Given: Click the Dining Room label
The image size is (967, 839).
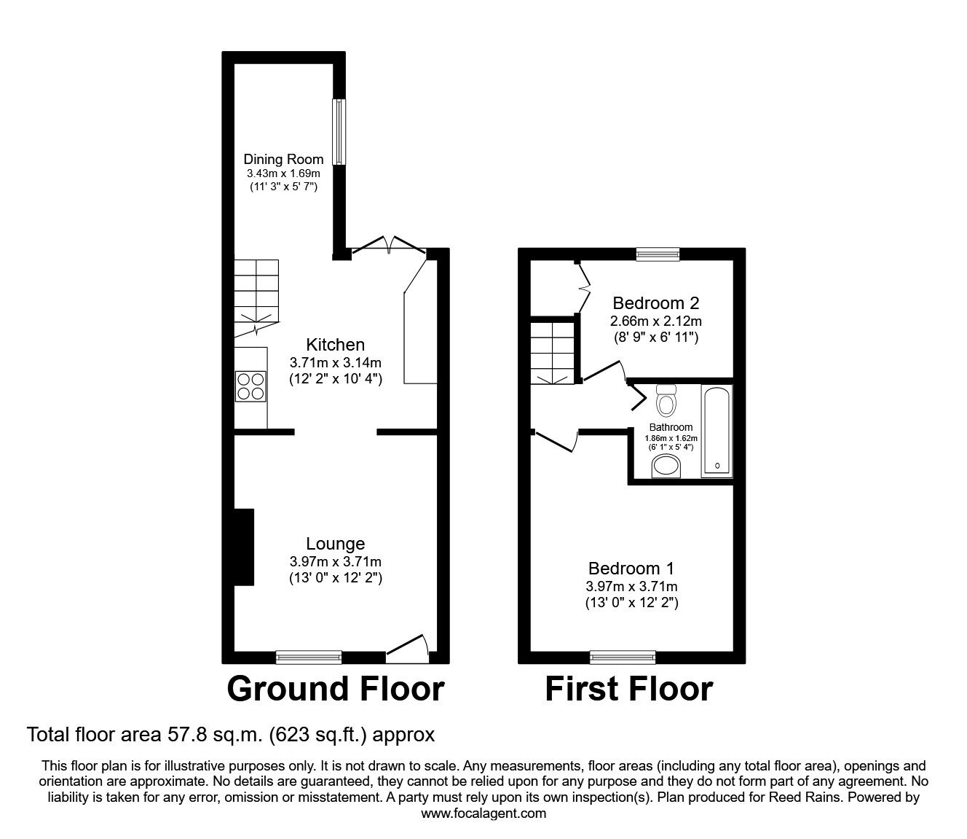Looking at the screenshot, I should (283, 159).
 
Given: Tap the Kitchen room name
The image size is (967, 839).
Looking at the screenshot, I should (335, 345).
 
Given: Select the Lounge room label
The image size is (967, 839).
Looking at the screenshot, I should (335, 544).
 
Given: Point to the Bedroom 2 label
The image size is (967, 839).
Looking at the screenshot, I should (655, 303).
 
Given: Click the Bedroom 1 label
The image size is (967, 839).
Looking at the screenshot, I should (631, 569).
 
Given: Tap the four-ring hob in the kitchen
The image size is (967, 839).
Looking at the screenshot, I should (250, 386).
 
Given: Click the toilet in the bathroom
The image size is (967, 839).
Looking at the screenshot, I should (666, 399).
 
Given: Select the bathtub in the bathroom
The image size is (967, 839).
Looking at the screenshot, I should (717, 431).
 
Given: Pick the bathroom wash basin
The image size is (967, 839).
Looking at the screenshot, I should (664, 466).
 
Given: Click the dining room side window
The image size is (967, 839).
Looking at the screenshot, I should (339, 131).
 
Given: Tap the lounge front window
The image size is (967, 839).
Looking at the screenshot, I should (309, 657).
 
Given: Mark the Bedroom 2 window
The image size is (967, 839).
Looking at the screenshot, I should (657, 254).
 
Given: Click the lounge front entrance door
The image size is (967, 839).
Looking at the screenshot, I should (408, 649).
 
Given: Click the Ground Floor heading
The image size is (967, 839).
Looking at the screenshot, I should (335, 689).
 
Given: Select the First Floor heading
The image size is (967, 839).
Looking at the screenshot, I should (628, 689).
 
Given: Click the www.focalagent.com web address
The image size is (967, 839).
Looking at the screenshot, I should (483, 813).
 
